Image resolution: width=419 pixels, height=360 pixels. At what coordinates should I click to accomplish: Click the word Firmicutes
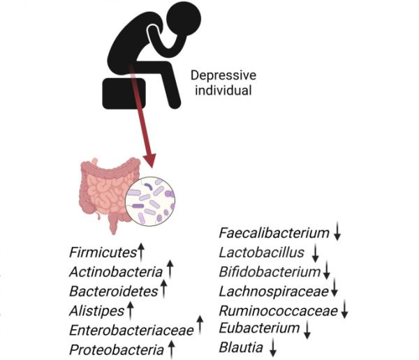pyautogui.click(x=103, y=253)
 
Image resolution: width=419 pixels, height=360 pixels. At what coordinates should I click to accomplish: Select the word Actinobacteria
pyautogui.click(x=116, y=272)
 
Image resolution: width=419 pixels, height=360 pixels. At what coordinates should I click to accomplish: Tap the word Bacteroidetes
pyautogui.click(x=114, y=292)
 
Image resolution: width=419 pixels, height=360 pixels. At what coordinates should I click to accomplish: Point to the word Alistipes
pyautogui.click(x=97, y=311)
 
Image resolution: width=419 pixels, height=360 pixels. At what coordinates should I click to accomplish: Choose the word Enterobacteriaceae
pyautogui.click(x=131, y=331)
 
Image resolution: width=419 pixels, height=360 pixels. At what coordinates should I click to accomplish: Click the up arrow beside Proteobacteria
pyautogui.click(x=172, y=349)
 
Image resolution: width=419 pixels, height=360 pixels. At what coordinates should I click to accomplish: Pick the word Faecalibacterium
pyautogui.click(x=274, y=233)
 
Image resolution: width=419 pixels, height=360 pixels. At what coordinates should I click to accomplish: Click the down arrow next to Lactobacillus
pyautogui.click(x=316, y=253)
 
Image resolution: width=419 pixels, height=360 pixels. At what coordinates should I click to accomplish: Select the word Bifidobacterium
pyautogui.click(x=270, y=272)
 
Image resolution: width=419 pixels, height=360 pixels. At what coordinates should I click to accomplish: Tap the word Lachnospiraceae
pyautogui.click(x=274, y=292)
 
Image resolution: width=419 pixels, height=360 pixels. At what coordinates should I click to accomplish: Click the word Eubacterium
pyautogui.click(x=259, y=328)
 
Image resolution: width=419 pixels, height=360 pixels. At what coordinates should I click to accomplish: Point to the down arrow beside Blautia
pyautogui.click(x=273, y=347)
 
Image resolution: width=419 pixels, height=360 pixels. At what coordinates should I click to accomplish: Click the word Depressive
pyautogui.click(x=223, y=75)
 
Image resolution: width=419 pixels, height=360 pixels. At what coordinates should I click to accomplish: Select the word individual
pyautogui.click(x=223, y=90)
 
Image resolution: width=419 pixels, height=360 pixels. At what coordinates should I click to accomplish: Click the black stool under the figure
pyautogui.click(x=124, y=93)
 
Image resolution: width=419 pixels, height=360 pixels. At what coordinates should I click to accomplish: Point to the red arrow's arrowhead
pyautogui.click(x=149, y=160)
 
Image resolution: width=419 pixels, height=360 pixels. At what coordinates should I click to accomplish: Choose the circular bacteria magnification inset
pyautogui.click(x=150, y=202)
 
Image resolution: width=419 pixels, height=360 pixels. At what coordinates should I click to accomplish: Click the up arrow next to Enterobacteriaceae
pyautogui.click(x=200, y=325)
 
